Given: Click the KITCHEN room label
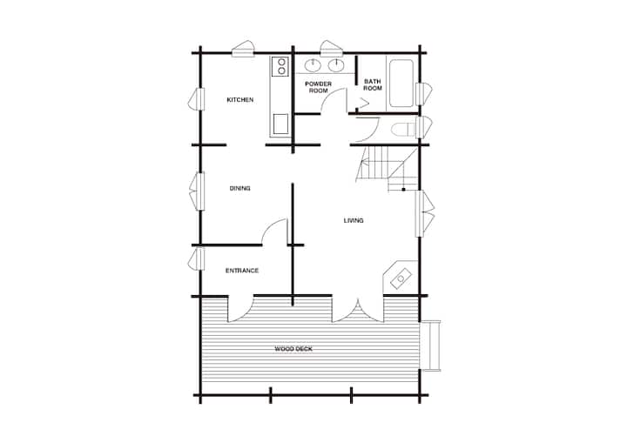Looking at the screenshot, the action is click(240, 99).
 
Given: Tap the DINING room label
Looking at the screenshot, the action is click(240, 188).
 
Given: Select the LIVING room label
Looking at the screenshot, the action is click(354, 220).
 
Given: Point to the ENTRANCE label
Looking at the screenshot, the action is click(242, 271).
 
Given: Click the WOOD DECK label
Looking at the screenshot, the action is click(293, 349).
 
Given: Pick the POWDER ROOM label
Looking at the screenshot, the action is click(319, 87).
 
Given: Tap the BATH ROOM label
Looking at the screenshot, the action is click(373, 84).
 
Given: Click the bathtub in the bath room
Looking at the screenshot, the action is click(401, 84).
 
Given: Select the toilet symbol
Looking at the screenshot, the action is click(403, 130).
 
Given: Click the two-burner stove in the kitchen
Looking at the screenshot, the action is click(280, 67).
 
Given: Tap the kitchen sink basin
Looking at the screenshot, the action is click(280, 124).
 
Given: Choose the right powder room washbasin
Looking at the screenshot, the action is click(337, 65).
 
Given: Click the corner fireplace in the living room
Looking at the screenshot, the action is click(400, 278).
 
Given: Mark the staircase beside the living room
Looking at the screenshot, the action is click(387, 168).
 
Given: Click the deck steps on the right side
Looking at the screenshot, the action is click(430, 346).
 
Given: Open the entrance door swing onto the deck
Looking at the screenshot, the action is click(240, 309).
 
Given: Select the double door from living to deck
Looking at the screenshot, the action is click(358, 309).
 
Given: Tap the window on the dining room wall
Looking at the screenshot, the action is click(197, 191).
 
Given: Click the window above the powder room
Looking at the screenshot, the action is click(331, 48).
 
